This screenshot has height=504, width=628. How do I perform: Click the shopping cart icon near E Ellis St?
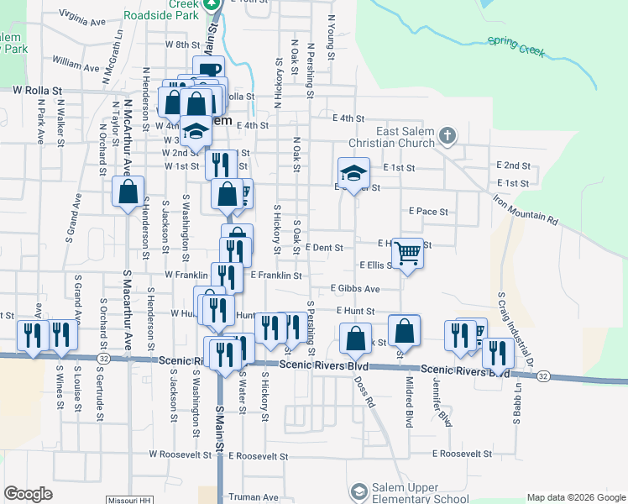click(x=407, y=252)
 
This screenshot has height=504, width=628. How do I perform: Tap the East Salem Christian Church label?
click(x=405, y=138)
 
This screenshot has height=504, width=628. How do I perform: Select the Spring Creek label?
click(x=516, y=46)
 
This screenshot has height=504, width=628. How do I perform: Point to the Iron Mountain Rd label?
click(x=525, y=208)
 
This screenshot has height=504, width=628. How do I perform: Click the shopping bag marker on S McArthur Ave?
click(x=128, y=192)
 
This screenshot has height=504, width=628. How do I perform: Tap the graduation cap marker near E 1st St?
click(x=353, y=174)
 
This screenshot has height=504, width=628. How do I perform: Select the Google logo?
click(x=29, y=494)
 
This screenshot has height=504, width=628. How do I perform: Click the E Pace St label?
click(x=428, y=212)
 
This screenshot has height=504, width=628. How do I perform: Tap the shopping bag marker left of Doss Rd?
click(x=356, y=339)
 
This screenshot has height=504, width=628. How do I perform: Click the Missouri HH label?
click(x=128, y=500)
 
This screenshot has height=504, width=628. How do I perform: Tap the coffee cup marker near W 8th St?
click(x=208, y=71)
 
